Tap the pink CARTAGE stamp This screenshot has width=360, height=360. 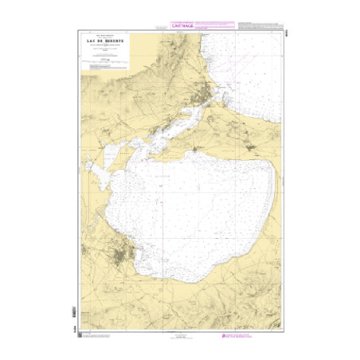click(x=182, y=25)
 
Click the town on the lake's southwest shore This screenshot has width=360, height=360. click(x=123, y=257)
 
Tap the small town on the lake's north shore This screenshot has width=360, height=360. click(x=194, y=150)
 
